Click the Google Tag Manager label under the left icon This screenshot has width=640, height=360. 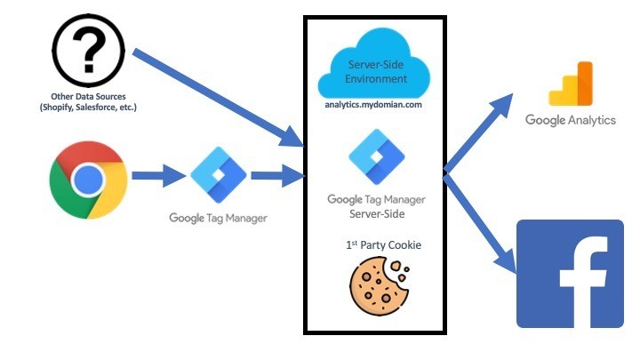click(x=218, y=218)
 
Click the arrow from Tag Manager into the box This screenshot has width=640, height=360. click(x=276, y=177)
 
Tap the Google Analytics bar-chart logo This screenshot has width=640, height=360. click(x=570, y=84)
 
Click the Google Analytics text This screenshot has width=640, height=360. click(x=570, y=120)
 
